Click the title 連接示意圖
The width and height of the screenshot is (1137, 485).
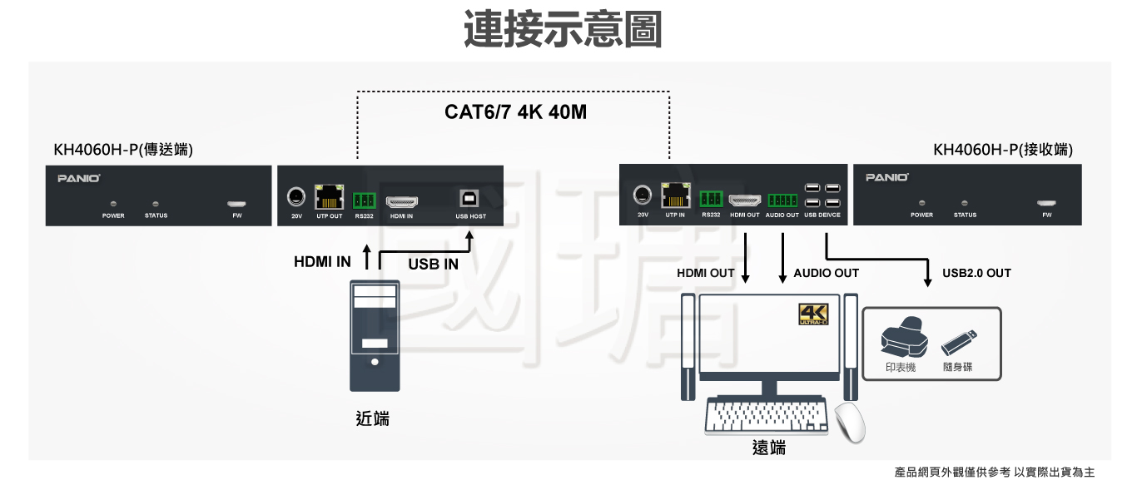tap(563, 30)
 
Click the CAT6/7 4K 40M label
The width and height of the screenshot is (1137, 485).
tap(515, 112)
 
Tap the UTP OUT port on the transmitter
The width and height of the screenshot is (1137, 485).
tap(330, 198)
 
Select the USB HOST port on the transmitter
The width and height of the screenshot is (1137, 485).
tap(470, 199)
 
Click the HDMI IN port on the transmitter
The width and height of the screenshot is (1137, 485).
tap(402, 201)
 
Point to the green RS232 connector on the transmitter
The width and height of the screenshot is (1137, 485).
tap(365, 200)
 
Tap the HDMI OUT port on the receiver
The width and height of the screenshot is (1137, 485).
tap(745, 200)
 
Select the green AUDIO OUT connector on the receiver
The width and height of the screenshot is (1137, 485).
tap(782, 200)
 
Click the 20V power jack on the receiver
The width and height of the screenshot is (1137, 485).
tap(642, 195)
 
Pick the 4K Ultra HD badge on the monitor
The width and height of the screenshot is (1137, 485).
tap(813, 314)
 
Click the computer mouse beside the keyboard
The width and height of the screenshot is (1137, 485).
tap(850, 422)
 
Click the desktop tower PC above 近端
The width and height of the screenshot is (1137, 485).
tap(375, 335)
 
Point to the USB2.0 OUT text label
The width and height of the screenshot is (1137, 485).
tap(976, 273)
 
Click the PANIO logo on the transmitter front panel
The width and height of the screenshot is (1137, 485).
tap(79, 178)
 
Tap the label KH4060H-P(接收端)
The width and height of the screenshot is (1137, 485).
tap(1003, 151)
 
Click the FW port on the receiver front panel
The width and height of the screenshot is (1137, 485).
tap(1046, 203)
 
